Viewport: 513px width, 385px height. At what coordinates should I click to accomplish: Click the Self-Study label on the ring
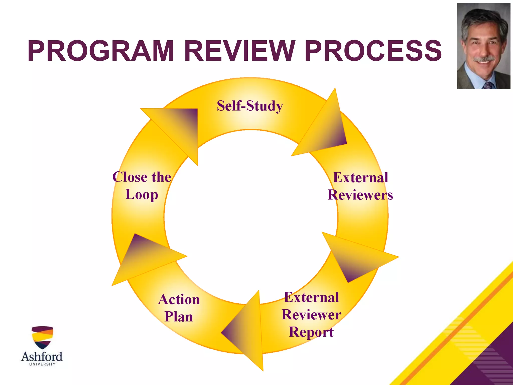pyautogui.click(x=250, y=106)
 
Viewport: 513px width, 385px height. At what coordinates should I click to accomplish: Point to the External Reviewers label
pyautogui.click(x=360, y=186)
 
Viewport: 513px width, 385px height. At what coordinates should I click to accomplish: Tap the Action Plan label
pyautogui.click(x=179, y=308)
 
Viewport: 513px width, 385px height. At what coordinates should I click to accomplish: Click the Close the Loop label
pyautogui.click(x=142, y=186)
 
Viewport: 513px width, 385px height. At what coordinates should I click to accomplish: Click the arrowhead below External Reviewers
pyautogui.click(x=356, y=256)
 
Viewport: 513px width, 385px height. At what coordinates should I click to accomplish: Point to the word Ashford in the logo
pyautogui.click(x=42, y=356)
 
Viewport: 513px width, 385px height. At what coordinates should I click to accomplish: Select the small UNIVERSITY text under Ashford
pyautogui.click(x=42, y=364)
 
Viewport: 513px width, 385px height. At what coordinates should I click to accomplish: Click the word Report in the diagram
pyautogui.click(x=311, y=332)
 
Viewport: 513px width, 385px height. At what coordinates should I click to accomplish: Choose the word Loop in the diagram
pyautogui.click(x=142, y=195)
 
